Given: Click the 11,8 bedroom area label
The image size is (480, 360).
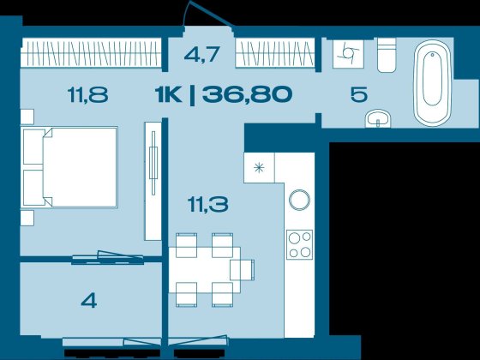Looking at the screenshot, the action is [x=87, y=94].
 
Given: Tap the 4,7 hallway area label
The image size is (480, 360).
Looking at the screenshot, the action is [x=202, y=54].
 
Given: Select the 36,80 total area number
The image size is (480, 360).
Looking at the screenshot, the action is [x=247, y=94].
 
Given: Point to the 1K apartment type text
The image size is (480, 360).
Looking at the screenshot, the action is [x=168, y=94].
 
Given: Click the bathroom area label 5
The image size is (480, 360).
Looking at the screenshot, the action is [x=359, y=94].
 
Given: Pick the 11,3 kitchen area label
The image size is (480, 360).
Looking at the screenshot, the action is [x=208, y=205].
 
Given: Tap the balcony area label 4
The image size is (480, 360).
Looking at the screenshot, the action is [x=89, y=301].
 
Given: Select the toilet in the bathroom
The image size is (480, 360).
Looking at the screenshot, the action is [x=387, y=55].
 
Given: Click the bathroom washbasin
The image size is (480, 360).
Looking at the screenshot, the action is [x=378, y=118].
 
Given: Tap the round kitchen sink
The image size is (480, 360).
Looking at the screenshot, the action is [x=299, y=201].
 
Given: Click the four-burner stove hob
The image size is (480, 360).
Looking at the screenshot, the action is [x=300, y=244].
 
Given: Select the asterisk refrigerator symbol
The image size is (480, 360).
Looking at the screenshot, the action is [x=259, y=168].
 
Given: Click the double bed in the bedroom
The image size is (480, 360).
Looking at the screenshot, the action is [x=70, y=167].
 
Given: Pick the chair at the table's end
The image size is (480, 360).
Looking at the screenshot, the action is [x=243, y=270].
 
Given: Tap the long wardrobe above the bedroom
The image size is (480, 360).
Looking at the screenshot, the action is [x=91, y=52].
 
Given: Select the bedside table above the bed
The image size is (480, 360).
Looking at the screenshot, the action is [x=27, y=117].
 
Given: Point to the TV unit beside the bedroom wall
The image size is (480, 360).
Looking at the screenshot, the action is [x=153, y=181].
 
